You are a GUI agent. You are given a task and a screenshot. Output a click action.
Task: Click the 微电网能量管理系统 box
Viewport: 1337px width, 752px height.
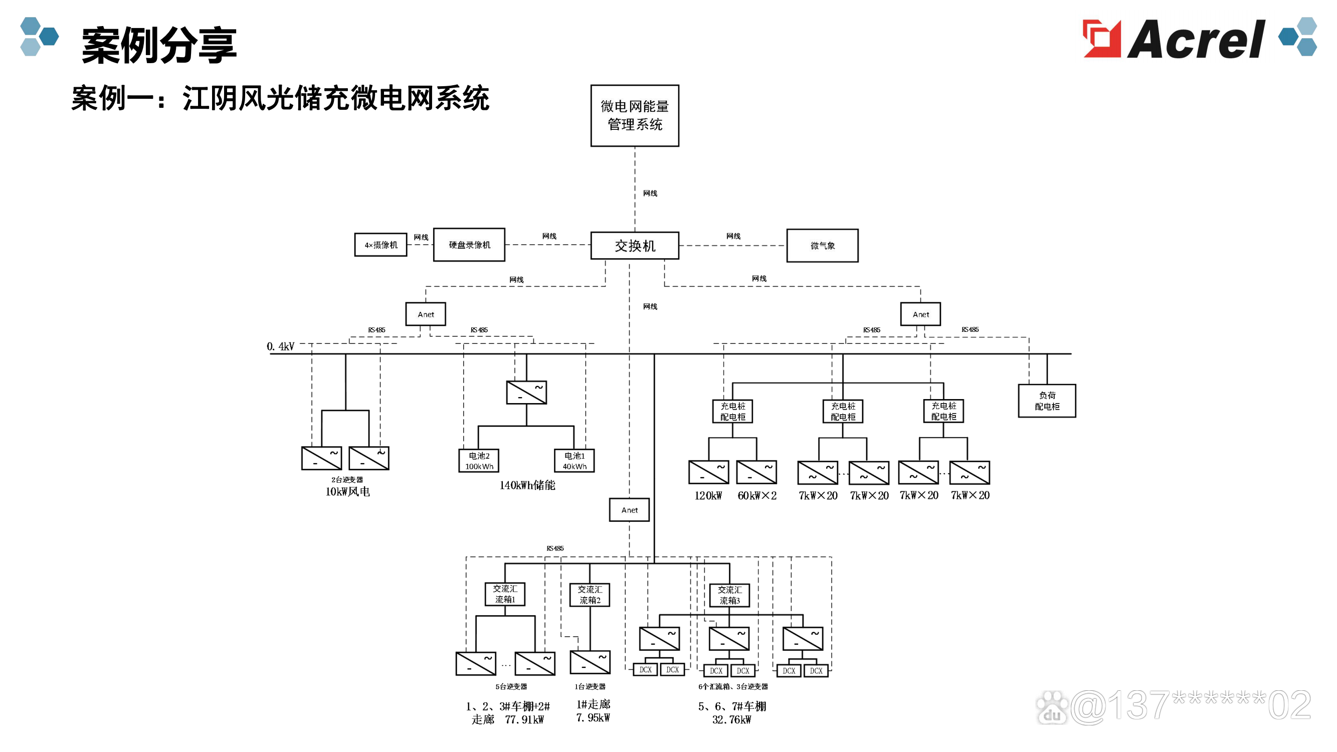pyautogui.click(x=634, y=115)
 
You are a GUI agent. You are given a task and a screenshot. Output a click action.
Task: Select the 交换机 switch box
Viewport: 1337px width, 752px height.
pyautogui.click(x=634, y=246)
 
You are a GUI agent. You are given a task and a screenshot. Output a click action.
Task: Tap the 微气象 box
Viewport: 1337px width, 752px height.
pyautogui.click(x=822, y=246)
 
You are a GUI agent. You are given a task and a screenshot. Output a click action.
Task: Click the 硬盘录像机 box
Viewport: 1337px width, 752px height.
pyautogui.click(x=469, y=245)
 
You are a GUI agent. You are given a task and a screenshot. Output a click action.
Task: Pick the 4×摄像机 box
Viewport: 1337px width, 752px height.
pyautogui.click(x=380, y=245)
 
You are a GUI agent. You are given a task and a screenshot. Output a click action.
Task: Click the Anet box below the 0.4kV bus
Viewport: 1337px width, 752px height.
pyautogui.click(x=629, y=510)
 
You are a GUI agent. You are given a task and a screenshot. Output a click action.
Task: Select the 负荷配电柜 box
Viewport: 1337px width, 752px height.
pyautogui.click(x=1046, y=401)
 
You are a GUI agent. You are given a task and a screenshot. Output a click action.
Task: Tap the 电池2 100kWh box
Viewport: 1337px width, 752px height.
pyautogui.click(x=479, y=460)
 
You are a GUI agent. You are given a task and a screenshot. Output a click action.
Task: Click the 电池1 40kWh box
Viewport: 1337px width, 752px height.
pyautogui.click(x=574, y=460)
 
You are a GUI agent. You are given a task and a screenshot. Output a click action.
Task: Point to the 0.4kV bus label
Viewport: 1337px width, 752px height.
pyautogui.click(x=280, y=346)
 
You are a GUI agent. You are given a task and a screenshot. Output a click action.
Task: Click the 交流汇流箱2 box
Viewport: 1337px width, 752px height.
pyautogui.click(x=590, y=594)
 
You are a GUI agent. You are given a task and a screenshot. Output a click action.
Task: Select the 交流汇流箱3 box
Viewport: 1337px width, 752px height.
pyautogui.click(x=729, y=595)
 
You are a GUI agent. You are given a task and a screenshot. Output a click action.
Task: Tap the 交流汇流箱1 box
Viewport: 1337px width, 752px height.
pyautogui.click(x=504, y=594)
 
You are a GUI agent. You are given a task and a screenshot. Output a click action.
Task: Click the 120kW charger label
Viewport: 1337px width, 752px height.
pyautogui.click(x=708, y=496)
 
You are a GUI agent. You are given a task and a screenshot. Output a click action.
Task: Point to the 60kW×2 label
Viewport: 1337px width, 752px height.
pyautogui.click(x=757, y=496)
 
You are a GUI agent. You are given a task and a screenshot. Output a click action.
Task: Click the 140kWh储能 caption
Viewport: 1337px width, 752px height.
pyautogui.click(x=527, y=485)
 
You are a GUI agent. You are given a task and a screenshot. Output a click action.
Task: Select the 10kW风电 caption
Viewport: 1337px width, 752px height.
pyautogui.click(x=347, y=491)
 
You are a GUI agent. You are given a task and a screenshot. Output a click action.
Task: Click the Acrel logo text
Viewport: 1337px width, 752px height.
pyautogui.click(x=1196, y=40)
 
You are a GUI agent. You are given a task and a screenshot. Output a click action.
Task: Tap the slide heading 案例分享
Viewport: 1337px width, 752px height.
pyautogui.click(x=159, y=46)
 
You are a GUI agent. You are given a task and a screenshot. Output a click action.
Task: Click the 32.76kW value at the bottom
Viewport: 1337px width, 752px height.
pyautogui.click(x=731, y=720)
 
